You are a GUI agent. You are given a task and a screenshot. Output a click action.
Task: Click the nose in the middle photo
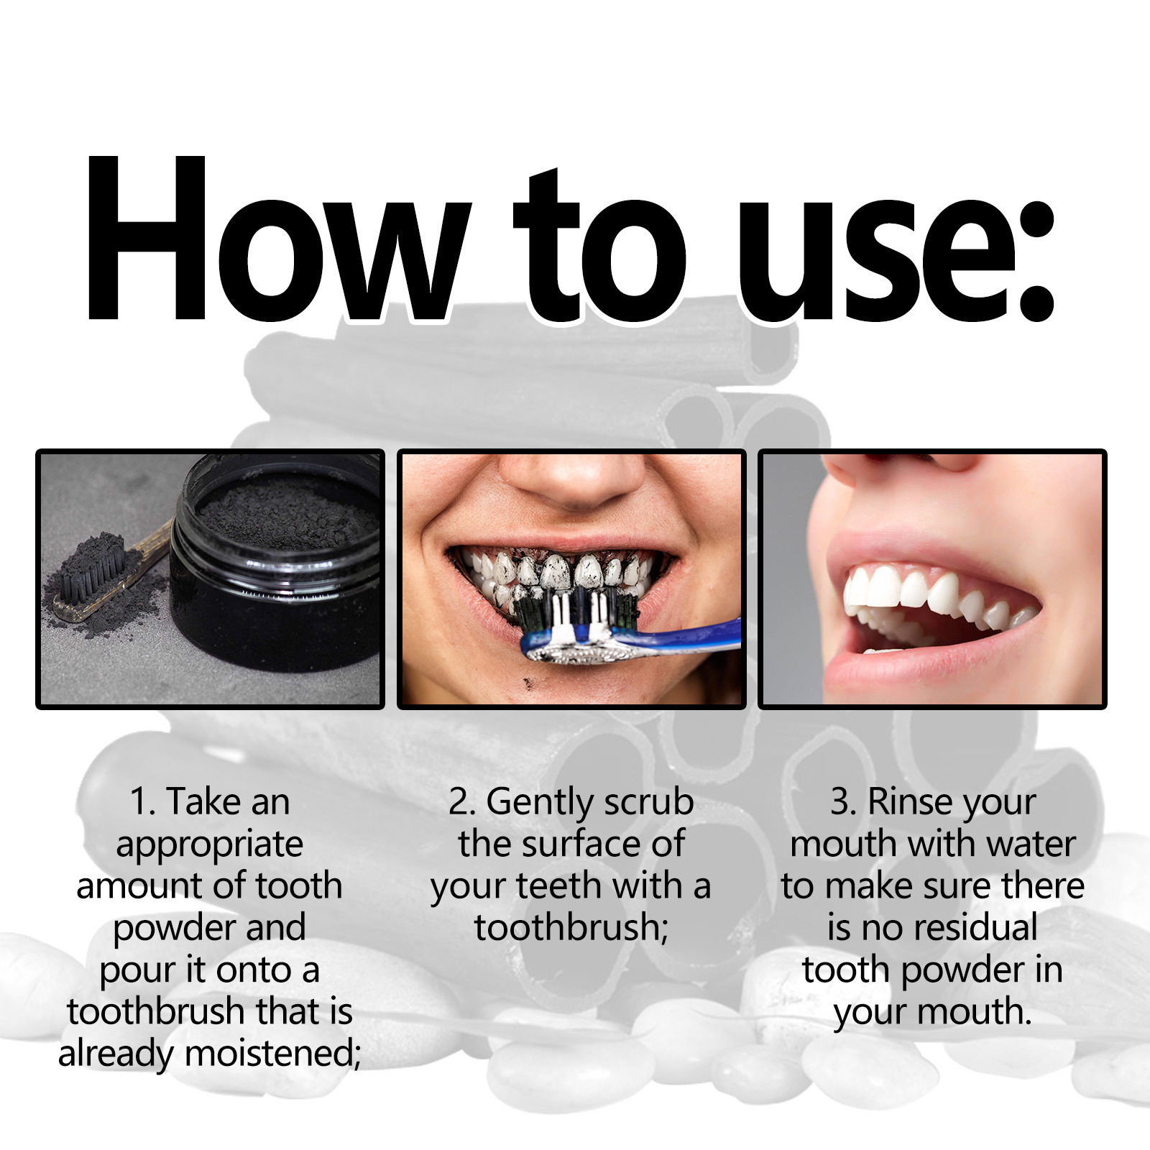coord(571,478)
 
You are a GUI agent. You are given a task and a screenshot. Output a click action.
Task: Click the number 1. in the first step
coord(142,801)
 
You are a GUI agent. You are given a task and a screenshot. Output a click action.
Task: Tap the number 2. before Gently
coord(461,801)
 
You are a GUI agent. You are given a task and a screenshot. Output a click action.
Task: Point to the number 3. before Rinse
coord(843,801)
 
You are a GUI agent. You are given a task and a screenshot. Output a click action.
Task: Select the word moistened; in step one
coord(273,1054)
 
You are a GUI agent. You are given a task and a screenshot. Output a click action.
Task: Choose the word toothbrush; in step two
coord(571,927)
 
